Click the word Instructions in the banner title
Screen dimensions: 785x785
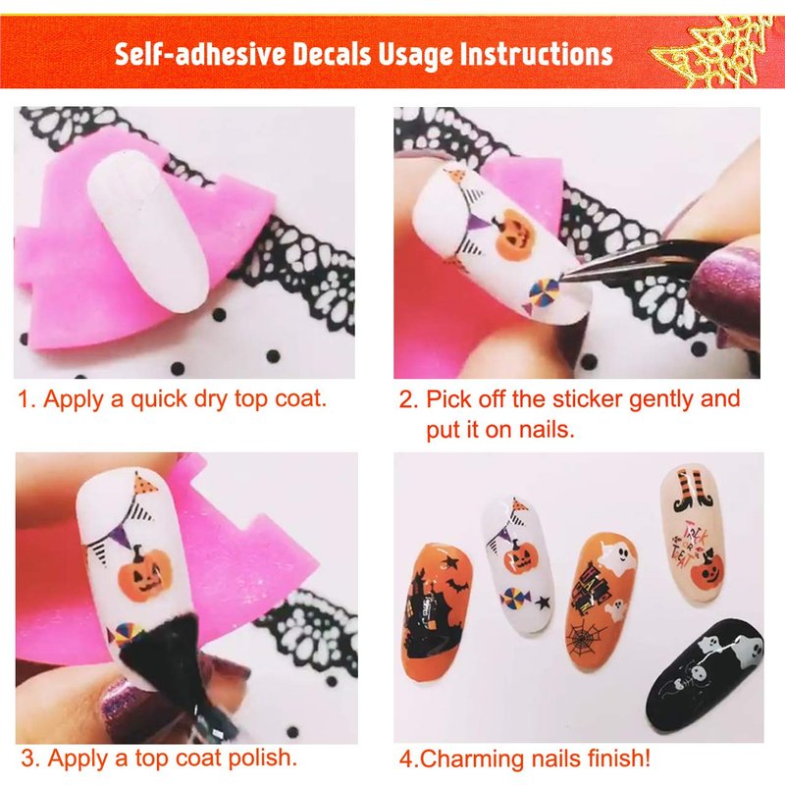click(x=536, y=54)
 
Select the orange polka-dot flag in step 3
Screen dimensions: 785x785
click(x=145, y=483)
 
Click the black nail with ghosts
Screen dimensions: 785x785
click(x=705, y=668)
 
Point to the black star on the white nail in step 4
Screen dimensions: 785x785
click(x=543, y=602)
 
